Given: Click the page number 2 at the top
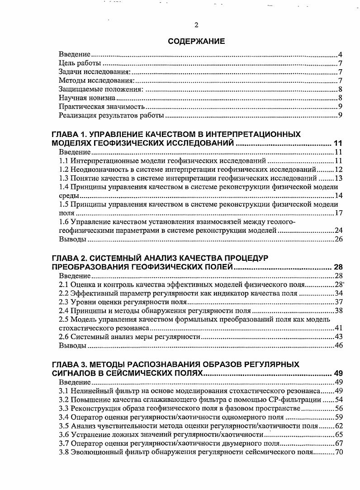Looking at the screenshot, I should tap(196, 25).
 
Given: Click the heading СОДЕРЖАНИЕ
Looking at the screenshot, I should tap(196, 42).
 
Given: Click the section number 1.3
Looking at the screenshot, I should tap(64, 178).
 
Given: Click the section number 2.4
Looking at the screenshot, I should tap(64, 310).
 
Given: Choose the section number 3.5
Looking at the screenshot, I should tap(64, 425).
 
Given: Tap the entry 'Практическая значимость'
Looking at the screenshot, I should tap(102, 107).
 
